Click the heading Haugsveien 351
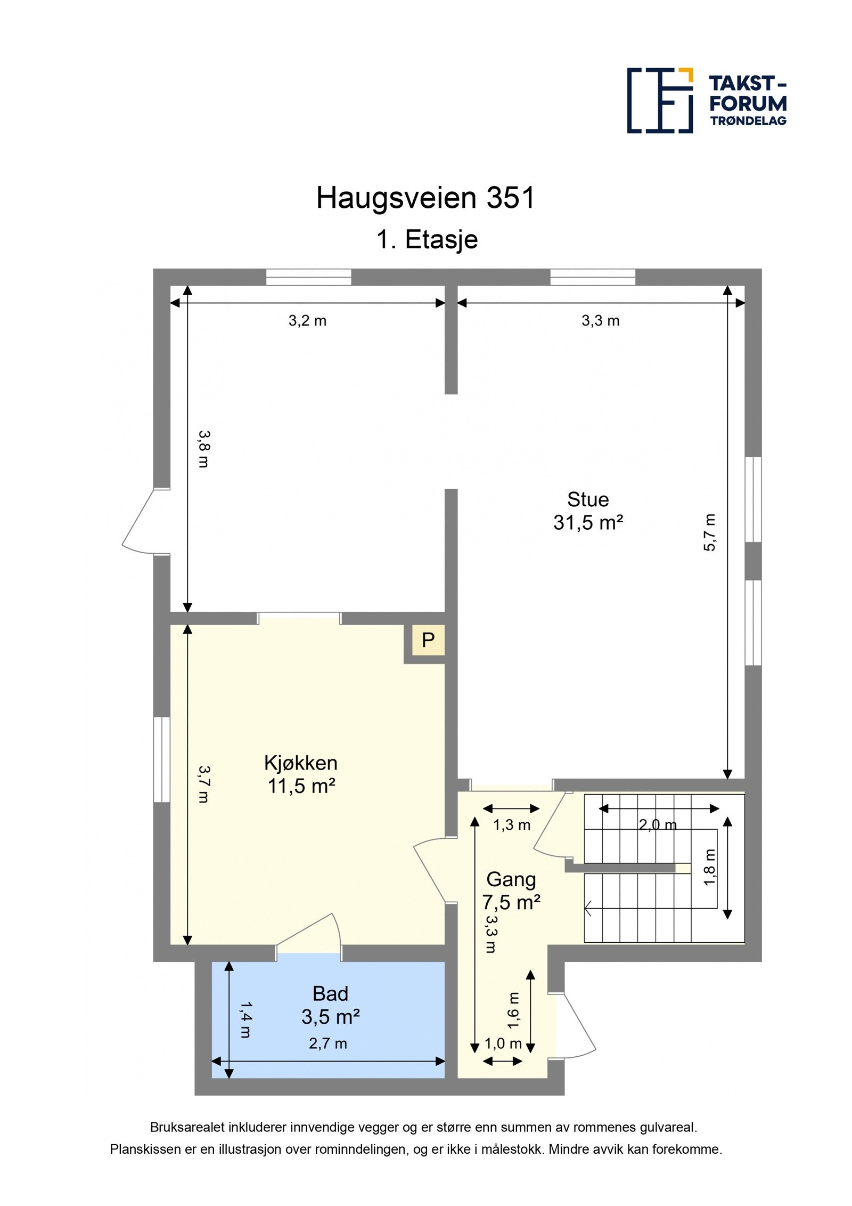pos(425,198)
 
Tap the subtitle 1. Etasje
pos(427,239)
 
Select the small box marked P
pos(428,640)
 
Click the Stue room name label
pos(587,499)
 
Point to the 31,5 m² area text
pos(587,523)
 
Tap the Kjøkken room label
pos(300,763)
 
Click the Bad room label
pos(330,994)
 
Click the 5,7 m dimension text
pos(710,532)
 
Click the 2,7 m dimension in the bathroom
pos(327,1043)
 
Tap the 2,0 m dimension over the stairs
pos(657,825)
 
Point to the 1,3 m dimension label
pos(511,825)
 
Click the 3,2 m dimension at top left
pos(307,321)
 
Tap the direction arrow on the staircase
pos(588,908)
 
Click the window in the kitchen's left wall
pos(161,759)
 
